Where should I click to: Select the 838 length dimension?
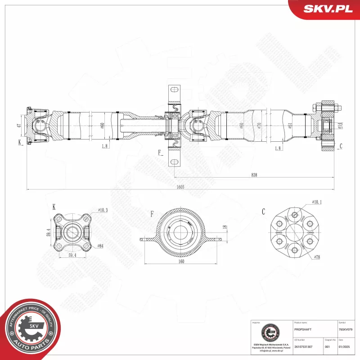(x=254, y=175)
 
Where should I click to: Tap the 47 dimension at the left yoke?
(x=19, y=126)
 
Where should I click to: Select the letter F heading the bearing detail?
(x=153, y=214)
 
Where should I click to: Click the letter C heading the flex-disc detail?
(x=264, y=211)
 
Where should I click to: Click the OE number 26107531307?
(x=304, y=346)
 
